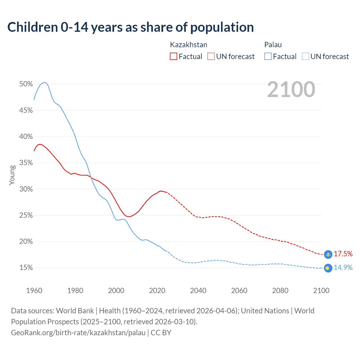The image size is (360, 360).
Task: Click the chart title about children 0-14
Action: click(x=130, y=27)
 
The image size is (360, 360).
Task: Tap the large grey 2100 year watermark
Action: click(x=291, y=89)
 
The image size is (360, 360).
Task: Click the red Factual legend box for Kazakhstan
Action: click(x=174, y=57)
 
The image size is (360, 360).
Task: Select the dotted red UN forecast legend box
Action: click(x=211, y=57)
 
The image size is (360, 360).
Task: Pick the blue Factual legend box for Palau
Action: click(x=268, y=57)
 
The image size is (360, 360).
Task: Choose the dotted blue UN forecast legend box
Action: click(x=305, y=57)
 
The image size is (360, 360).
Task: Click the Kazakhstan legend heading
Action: click(x=188, y=45)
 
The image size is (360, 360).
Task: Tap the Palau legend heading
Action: click(x=273, y=45)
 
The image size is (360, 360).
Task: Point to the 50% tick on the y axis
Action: click(x=26, y=84)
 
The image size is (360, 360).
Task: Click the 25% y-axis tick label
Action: click(x=26, y=215)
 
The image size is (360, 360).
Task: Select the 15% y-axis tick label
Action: click(x=26, y=268)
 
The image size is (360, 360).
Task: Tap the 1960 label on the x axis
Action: click(x=34, y=291)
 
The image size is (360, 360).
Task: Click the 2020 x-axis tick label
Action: click(x=157, y=291)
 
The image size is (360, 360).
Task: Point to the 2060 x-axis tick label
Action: click(x=239, y=291)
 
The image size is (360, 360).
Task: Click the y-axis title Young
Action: click(x=12, y=175)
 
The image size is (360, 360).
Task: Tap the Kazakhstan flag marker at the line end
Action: click(x=328, y=254)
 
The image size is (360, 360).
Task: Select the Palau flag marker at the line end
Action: click(x=328, y=268)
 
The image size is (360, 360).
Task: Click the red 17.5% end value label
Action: click(x=343, y=254)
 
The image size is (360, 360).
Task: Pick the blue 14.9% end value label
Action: click(x=343, y=267)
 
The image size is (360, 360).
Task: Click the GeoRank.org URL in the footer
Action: click(x=78, y=333)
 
